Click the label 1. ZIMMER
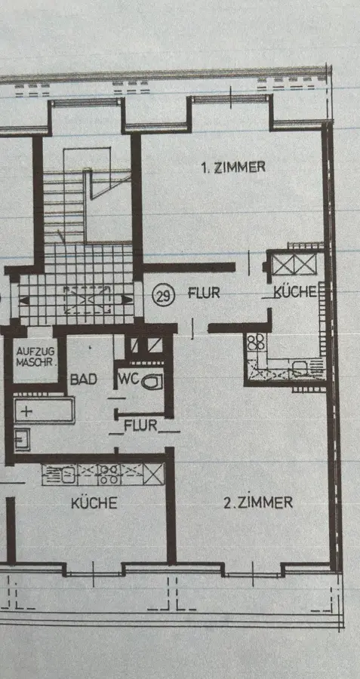tap(233, 167)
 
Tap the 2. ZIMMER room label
tap(258, 502)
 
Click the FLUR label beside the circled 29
tap(204, 293)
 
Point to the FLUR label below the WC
tap(140, 426)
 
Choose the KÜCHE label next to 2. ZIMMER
tap(94, 502)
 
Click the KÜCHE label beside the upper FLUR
tap(295, 292)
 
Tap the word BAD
tap(84, 379)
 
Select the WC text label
tap(128, 379)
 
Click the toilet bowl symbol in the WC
tap(152, 382)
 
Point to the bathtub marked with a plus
tap(44, 410)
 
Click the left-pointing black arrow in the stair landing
tap(25, 300)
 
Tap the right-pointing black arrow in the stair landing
tap(127, 300)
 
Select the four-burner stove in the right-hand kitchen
tap(256, 342)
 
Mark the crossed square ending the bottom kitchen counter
tap(154, 474)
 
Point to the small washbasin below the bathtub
tap(21, 439)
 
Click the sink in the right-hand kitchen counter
tap(300, 368)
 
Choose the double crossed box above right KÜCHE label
tap(294, 264)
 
